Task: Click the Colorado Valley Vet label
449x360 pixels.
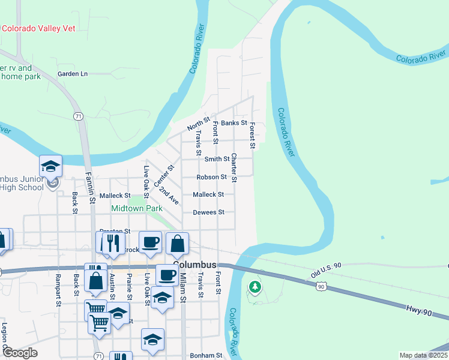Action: coord(39,28)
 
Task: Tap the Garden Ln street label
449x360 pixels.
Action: coord(73,74)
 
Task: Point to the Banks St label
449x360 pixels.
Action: coord(234,123)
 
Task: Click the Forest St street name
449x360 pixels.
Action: coord(253,136)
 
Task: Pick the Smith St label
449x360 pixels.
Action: coord(217,159)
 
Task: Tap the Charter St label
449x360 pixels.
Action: coord(234,167)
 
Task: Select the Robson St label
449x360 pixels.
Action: coord(211,177)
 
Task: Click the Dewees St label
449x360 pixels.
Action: coord(208,212)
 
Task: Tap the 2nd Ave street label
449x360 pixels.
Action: coord(169,194)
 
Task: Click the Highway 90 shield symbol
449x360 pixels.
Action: coord(322,287)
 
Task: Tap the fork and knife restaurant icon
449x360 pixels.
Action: coord(111,242)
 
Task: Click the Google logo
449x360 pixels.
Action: coord(20,353)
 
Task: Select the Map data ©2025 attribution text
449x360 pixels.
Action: coord(423,355)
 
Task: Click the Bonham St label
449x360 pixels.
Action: coord(206,355)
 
